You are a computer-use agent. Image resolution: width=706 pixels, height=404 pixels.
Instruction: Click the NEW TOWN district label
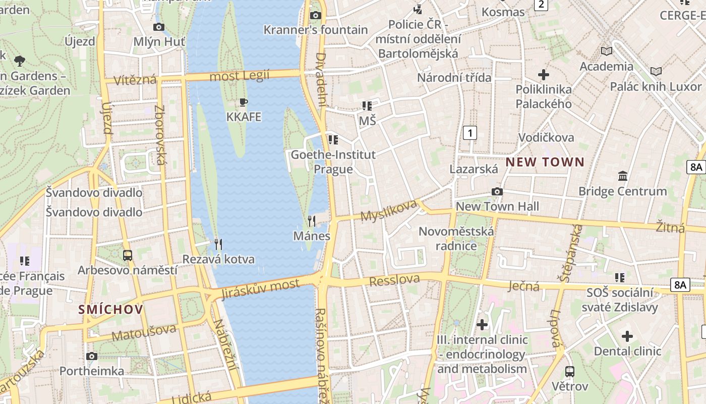(545, 162)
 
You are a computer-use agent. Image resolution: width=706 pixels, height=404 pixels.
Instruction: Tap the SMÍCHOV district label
(111, 310)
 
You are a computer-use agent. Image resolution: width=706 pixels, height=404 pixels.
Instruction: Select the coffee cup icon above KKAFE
(244, 103)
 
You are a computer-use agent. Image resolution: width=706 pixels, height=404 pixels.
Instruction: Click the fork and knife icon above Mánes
(312, 221)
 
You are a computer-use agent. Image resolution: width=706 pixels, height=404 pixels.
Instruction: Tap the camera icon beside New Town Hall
(497, 191)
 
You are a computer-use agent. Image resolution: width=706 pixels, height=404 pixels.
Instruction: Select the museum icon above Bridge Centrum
(623, 176)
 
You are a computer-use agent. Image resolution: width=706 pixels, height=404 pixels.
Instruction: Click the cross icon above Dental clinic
(627, 336)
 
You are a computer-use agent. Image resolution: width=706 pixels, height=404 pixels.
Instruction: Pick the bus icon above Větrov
(570, 372)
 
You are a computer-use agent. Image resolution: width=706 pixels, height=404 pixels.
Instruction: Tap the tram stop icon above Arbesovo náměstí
(128, 256)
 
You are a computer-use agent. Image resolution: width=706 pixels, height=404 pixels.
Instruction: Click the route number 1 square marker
(470, 133)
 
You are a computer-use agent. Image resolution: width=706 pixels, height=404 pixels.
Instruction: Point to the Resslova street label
(395, 280)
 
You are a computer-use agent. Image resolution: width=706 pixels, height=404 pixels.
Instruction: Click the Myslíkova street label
(389, 210)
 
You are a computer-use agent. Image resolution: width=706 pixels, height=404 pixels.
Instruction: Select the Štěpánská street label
(571, 252)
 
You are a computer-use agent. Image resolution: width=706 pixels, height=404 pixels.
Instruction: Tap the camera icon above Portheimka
(92, 357)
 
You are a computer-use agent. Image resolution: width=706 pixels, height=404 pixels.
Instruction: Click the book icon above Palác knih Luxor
(656, 71)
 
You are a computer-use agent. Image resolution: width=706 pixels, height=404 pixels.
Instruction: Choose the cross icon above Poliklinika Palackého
(544, 75)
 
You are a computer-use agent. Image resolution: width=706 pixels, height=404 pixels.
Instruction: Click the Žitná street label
(671, 227)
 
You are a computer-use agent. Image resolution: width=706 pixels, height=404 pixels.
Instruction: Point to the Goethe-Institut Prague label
(333, 162)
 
